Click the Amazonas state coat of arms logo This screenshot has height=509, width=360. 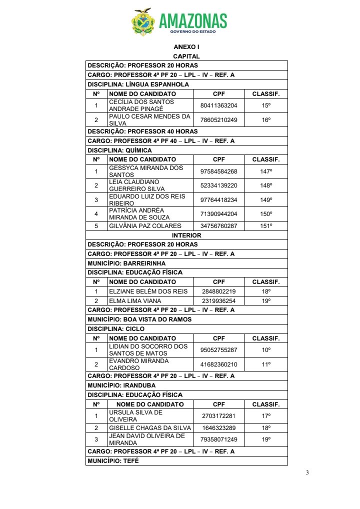143,22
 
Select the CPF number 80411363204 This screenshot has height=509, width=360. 218,105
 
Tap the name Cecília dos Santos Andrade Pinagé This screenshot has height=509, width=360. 141,105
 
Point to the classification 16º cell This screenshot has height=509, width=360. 266,120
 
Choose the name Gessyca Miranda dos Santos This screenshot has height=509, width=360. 146,171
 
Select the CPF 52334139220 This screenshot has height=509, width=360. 218,185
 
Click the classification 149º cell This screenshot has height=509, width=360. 266,200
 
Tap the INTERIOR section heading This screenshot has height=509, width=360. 186,235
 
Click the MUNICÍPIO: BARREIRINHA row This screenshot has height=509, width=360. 126,263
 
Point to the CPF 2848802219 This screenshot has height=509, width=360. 218,291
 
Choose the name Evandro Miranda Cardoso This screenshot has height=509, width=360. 139,364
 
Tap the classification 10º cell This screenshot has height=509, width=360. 266,350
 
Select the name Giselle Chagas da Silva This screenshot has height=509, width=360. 150,428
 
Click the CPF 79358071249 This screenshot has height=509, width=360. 218,439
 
